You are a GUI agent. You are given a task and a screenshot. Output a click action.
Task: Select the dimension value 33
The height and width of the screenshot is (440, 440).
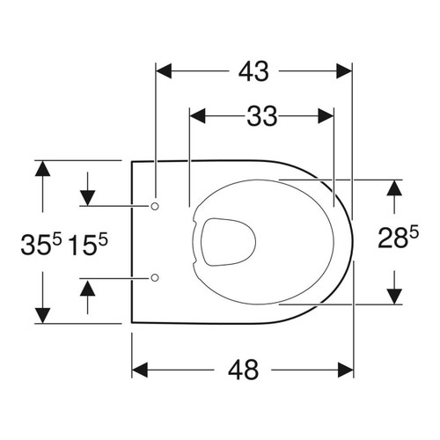261,115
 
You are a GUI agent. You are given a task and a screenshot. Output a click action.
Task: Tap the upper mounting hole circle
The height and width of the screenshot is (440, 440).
155,205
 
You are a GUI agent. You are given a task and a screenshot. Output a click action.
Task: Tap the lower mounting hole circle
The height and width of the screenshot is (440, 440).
155,278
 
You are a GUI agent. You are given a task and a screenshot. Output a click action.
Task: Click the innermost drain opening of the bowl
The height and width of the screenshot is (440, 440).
227,240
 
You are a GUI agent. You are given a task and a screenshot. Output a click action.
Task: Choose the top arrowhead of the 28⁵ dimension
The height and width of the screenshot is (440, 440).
395,188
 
